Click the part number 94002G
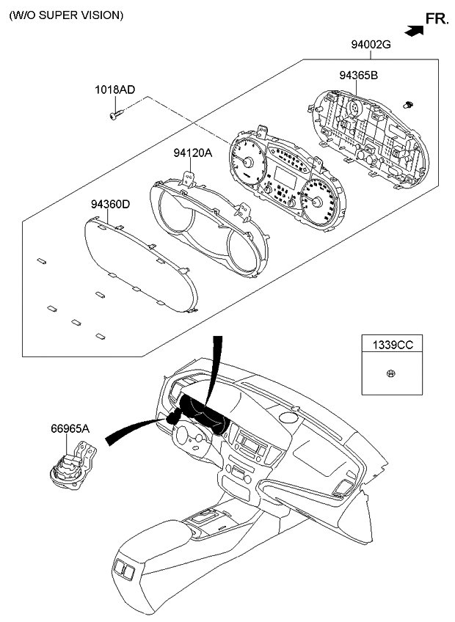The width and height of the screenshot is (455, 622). (370, 45)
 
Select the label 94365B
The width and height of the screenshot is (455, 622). (358, 76)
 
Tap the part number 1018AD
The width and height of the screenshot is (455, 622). (114, 90)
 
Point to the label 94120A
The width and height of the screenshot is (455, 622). (193, 153)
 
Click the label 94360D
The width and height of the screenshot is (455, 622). (110, 204)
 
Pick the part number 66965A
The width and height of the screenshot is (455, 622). (70, 428)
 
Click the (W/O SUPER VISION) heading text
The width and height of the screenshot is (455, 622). (66, 15)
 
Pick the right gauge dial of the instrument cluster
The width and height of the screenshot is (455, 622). (318, 201)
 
